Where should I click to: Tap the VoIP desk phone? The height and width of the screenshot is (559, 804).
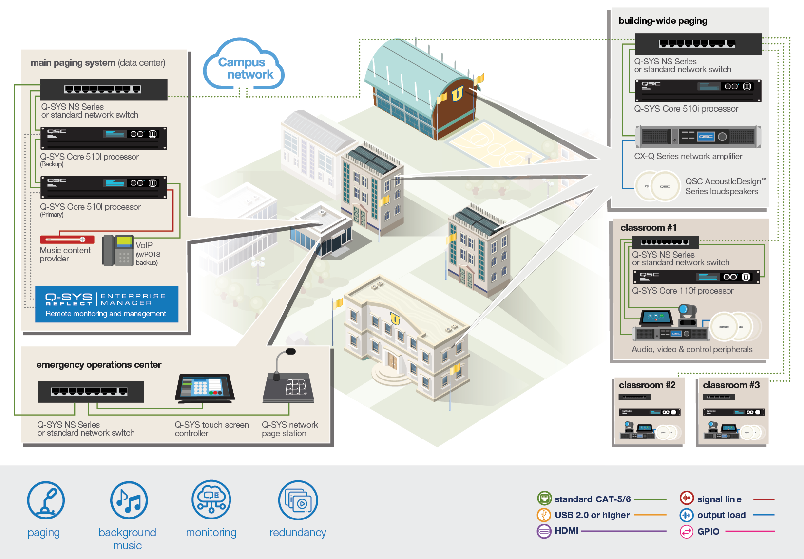[117, 250]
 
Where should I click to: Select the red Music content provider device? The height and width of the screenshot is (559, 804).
[67, 240]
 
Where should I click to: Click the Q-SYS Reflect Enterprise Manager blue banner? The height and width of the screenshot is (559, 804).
[107, 304]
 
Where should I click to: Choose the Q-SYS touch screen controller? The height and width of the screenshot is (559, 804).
[205, 388]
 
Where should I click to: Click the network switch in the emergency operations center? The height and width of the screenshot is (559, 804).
[90, 392]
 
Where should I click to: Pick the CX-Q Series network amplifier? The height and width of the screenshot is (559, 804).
[698, 137]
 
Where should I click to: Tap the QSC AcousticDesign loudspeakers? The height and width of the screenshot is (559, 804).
[657, 186]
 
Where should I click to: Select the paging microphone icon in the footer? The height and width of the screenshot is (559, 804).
[46, 500]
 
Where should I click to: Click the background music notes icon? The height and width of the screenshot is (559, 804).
[129, 500]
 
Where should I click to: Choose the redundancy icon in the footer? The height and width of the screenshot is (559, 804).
[298, 500]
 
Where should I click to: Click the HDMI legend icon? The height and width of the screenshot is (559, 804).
[544, 531]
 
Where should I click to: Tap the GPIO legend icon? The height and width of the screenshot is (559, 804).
[687, 531]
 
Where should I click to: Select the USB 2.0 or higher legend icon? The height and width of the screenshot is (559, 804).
[544, 515]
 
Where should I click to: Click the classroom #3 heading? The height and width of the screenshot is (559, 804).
[731, 385]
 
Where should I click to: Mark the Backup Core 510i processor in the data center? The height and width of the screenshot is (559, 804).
[104, 138]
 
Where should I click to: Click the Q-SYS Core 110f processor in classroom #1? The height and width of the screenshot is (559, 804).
[696, 277]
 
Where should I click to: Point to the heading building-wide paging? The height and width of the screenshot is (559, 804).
[663, 21]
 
